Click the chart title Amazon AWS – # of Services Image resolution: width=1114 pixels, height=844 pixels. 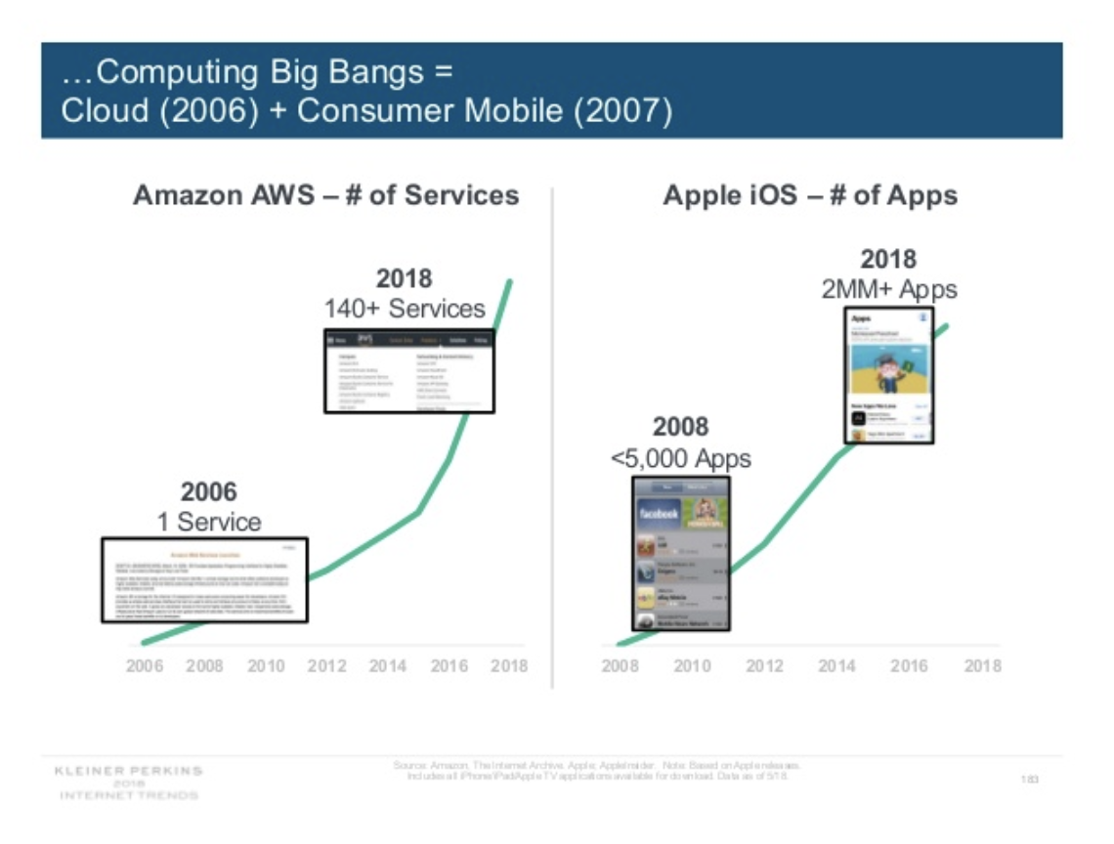coord(325,195)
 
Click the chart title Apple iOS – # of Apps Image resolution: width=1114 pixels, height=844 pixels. coord(810,195)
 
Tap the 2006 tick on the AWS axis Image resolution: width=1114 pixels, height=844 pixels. coord(145,666)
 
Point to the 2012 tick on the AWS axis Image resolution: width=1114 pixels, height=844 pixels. coord(326,666)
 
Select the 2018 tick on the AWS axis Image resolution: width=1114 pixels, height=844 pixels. coord(508,666)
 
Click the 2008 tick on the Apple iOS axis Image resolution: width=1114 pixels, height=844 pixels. coord(620,666)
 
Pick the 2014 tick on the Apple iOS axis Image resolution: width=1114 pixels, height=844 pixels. coord(836,666)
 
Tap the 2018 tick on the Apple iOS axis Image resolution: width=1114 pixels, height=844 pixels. coord(982,666)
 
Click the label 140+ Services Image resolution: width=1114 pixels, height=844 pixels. coord(405,309)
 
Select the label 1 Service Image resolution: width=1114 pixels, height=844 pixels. coord(209,522)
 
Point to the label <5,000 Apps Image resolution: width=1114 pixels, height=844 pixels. coord(680,458)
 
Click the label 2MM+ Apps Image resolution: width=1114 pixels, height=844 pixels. coord(888,289)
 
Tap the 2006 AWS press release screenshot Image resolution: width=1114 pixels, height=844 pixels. coord(204,579)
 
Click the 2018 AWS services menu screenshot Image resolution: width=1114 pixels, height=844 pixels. coord(409,370)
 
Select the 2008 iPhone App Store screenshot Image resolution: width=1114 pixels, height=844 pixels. coord(680,553)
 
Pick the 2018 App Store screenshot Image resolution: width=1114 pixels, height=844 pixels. coord(888,375)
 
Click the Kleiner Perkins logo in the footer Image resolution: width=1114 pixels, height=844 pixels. coord(129,782)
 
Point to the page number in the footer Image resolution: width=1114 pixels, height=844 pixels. coord(1029,779)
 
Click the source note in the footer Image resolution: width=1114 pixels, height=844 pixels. coord(597,770)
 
